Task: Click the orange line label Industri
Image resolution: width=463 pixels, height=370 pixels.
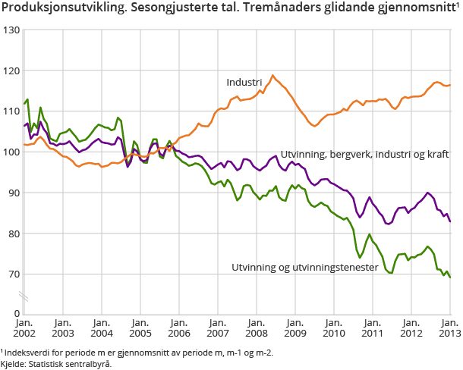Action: (244, 82)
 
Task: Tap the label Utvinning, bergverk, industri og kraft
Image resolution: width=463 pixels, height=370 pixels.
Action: (364, 154)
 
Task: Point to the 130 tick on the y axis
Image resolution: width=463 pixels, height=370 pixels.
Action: (11, 30)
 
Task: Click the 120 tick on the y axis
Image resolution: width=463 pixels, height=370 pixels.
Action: (11, 71)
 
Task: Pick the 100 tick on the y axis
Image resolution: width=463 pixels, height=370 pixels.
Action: (11, 152)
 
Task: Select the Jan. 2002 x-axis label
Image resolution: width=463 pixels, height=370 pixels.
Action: (24, 326)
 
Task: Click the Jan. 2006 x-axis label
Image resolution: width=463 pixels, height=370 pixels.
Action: (178, 326)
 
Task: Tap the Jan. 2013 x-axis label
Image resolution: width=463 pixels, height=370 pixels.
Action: (449, 326)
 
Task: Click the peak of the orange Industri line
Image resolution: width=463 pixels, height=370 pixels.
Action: (272, 75)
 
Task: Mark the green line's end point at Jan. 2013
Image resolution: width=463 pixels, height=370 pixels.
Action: (450, 277)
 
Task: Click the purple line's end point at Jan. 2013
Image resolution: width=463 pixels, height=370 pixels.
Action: (450, 221)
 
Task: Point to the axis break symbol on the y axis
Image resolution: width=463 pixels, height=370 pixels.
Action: (24, 294)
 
